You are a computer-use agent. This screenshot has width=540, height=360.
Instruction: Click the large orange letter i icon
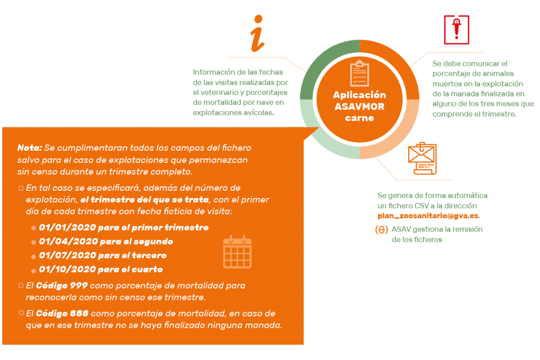(257, 34)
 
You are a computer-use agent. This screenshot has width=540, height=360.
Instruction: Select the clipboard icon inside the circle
(359, 74)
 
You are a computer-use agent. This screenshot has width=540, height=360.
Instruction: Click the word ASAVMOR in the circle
(359, 106)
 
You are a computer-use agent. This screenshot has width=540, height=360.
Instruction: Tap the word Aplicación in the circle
(359, 95)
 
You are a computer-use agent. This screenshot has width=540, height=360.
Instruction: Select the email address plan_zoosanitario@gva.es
(429, 216)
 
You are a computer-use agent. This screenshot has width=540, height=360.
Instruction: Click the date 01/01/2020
(64, 228)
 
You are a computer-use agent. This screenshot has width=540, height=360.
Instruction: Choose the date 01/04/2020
(64, 241)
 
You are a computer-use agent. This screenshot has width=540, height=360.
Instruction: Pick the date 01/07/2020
(64, 256)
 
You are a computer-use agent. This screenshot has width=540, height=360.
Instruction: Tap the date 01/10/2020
(64, 269)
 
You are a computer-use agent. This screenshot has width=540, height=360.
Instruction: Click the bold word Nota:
(30, 148)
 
